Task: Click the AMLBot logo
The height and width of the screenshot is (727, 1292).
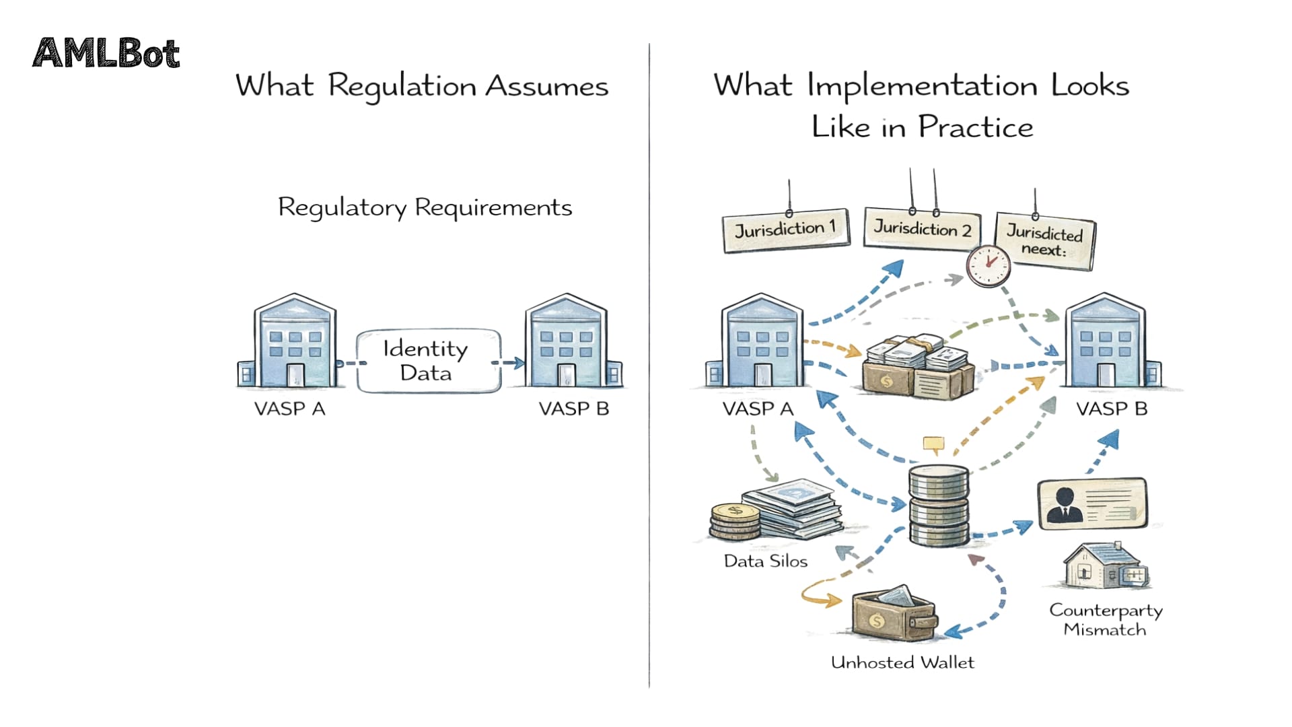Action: [x=106, y=54]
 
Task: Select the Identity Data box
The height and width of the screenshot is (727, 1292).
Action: [x=429, y=361]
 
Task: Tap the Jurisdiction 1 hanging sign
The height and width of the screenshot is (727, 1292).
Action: [x=785, y=230]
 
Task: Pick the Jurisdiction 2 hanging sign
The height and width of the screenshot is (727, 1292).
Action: [x=922, y=230]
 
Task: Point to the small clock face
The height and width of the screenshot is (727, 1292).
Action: [x=988, y=266]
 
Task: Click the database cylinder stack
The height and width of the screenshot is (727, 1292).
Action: [x=939, y=505]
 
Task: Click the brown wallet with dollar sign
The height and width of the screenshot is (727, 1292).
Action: [x=894, y=615]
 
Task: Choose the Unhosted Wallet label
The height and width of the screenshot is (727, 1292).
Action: [x=902, y=662]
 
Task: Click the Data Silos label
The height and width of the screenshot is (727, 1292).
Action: [x=765, y=561]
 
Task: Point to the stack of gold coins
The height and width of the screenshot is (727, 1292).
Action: [x=735, y=522]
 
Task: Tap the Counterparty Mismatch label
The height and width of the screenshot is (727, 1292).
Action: [x=1106, y=619]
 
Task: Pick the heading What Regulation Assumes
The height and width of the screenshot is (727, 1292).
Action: [x=422, y=87]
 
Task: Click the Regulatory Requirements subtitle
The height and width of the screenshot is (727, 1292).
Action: [x=425, y=207]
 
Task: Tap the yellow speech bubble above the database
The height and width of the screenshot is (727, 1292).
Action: [x=933, y=444]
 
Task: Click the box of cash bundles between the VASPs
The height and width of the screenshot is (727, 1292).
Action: [x=919, y=368]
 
